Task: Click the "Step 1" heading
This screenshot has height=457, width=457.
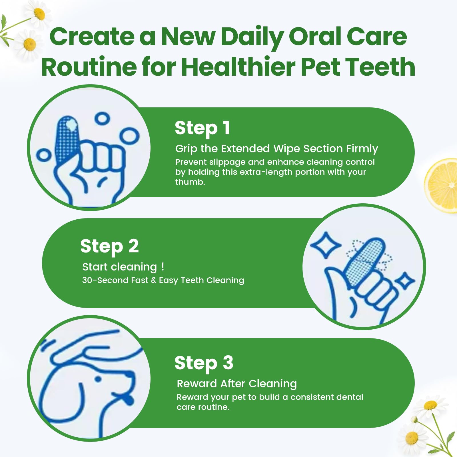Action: point(202,128)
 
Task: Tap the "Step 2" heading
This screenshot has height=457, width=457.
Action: point(109,246)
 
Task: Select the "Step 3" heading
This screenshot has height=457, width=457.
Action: point(204,363)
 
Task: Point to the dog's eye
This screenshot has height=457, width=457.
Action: point(98,379)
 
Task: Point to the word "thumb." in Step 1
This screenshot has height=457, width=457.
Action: point(190,182)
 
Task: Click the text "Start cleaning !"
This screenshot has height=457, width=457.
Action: point(123,267)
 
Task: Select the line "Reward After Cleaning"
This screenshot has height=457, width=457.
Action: point(237,384)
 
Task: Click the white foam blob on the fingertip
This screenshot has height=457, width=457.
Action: point(71,125)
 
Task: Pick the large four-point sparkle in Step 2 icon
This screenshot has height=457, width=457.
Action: point(325,245)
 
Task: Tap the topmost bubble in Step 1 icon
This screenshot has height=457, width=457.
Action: point(102,118)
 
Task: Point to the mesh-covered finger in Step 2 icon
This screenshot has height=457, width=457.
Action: point(365,260)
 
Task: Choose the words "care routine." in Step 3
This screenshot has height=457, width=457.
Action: point(203,407)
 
